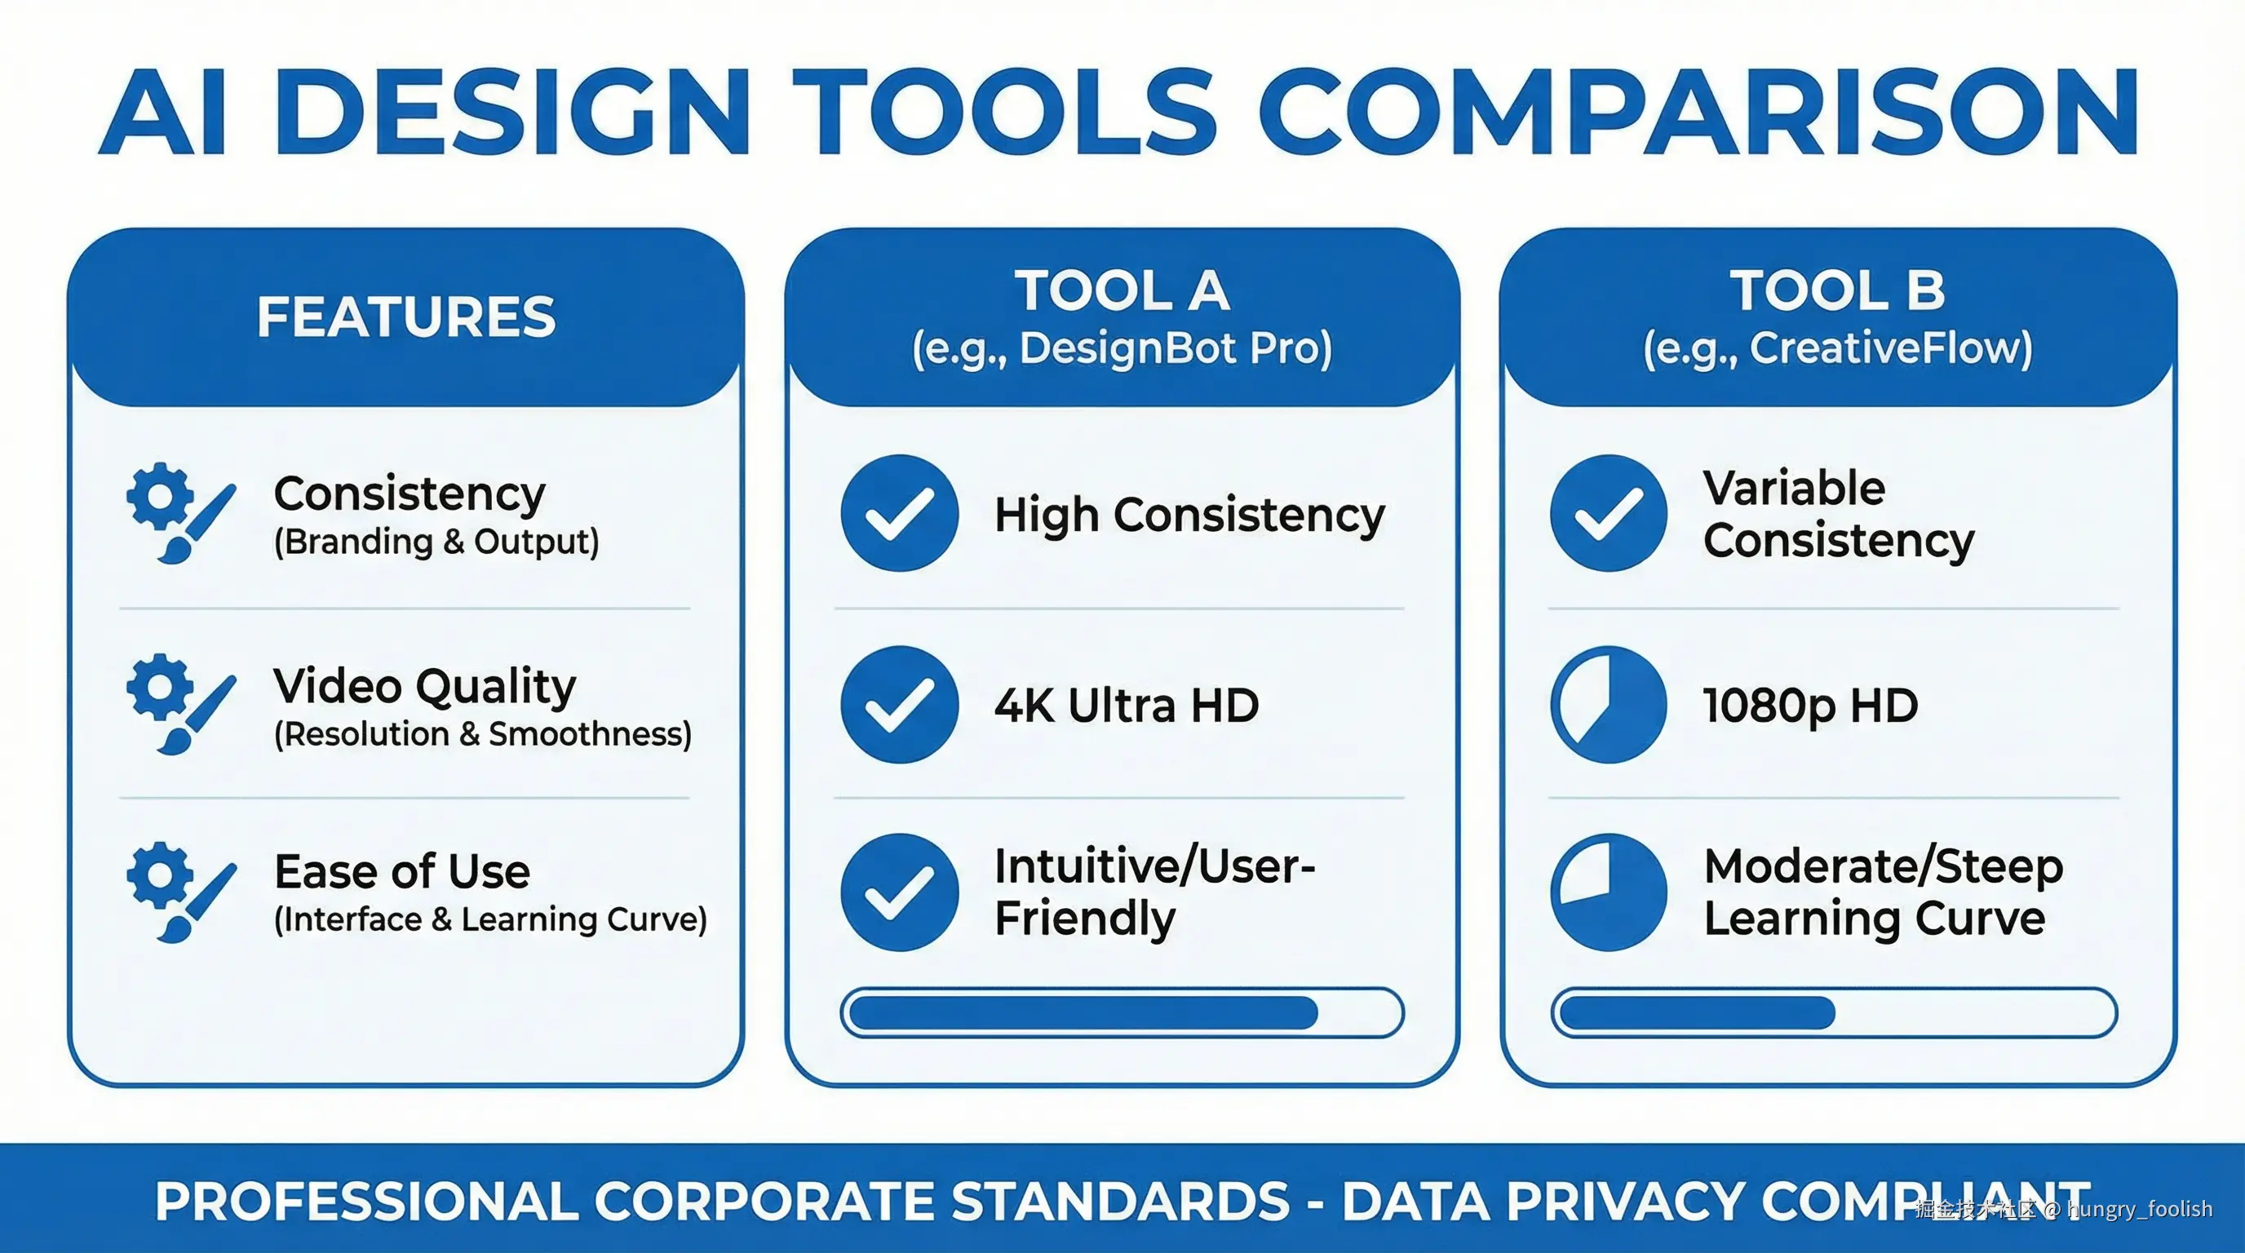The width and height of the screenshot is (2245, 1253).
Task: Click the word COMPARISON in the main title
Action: tap(1698, 112)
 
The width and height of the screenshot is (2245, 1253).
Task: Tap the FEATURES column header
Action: tap(406, 317)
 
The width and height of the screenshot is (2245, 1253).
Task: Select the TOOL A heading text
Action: tap(1122, 290)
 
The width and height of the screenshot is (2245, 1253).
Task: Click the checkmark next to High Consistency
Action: tap(900, 513)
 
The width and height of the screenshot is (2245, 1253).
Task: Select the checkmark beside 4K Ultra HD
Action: tap(900, 705)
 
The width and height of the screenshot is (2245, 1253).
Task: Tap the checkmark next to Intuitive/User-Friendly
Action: tap(900, 892)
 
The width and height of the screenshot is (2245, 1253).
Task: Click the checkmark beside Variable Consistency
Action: tap(1609, 513)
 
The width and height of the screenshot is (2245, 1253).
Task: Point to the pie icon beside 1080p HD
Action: tap(1609, 705)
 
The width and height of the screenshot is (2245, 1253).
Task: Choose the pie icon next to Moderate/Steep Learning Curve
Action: tap(1609, 892)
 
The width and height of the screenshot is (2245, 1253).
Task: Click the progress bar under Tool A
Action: tap(1122, 1012)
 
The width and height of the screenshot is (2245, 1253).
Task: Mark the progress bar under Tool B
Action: tap(1835, 1012)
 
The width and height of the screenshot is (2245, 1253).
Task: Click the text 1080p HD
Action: tap(1811, 706)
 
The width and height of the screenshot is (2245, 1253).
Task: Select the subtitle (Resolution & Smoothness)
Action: tap(483, 733)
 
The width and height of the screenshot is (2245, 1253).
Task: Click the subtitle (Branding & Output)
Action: tap(436, 541)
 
